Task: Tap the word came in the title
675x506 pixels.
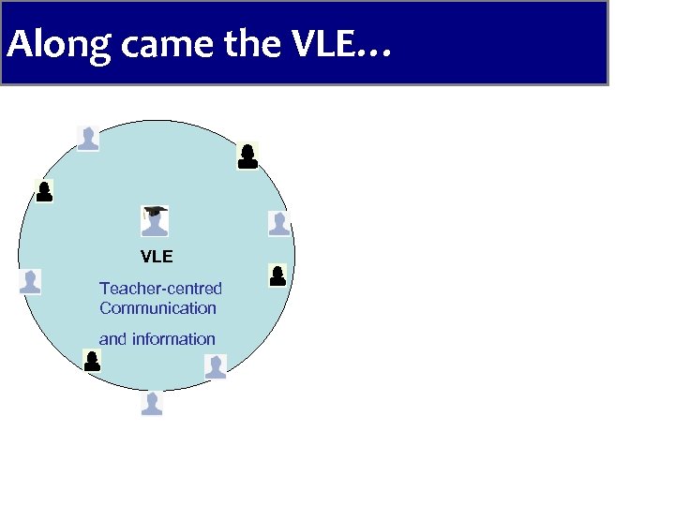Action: click(149, 45)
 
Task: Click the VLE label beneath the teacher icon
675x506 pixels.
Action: click(157, 256)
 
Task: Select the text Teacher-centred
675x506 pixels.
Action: click(160, 289)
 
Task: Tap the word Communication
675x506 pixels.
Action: click(157, 308)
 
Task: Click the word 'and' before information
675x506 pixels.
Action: click(112, 339)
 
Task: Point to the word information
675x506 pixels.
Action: click(173, 339)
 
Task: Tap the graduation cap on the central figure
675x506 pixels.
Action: click(155, 211)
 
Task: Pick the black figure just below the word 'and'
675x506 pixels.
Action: click(92, 361)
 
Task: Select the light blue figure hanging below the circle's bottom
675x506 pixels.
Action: click(152, 404)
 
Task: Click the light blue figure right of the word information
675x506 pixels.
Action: click(216, 366)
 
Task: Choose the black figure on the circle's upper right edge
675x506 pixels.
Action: click(247, 156)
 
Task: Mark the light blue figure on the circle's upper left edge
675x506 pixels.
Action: click(87, 138)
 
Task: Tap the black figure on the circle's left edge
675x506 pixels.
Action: click(44, 191)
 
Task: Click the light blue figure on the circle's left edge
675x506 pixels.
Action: click(31, 282)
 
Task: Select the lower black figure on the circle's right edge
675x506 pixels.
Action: click(277, 275)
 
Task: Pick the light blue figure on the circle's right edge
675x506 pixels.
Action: click(278, 223)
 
